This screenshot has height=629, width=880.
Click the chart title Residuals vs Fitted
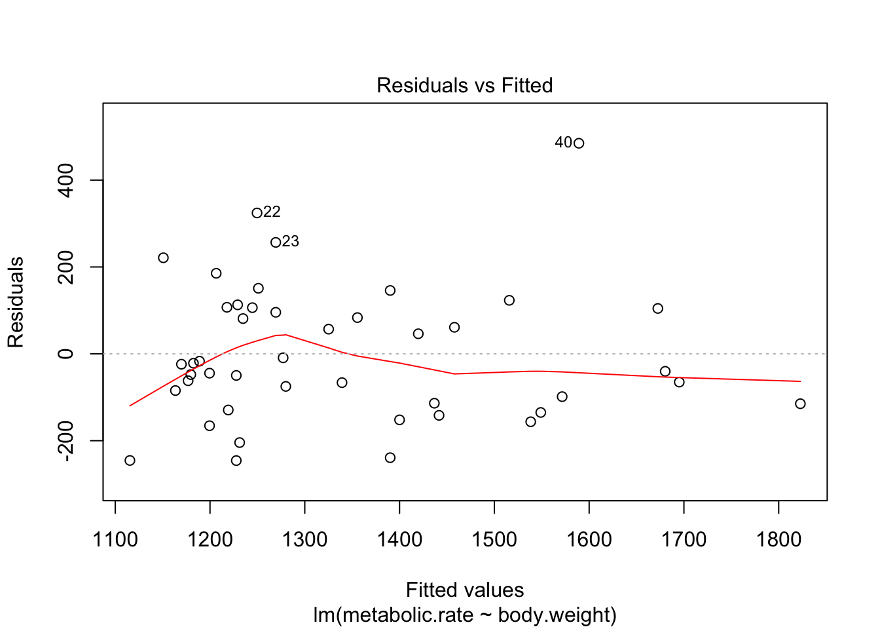(464, 85)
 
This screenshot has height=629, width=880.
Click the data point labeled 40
(578, 143)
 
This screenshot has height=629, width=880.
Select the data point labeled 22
(257, 213)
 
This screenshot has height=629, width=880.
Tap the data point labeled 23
(276, 242)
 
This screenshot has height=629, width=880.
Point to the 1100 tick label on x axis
(115, 540)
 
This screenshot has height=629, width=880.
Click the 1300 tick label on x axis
(304, 540)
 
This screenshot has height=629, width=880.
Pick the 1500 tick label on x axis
(494, 540)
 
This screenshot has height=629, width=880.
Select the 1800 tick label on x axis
(779, 540)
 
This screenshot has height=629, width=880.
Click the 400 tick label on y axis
(65, 180)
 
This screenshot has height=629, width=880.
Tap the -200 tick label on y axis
(65, 441)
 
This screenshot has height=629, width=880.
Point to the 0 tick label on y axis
(65, 354)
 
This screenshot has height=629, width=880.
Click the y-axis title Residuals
(16, 302)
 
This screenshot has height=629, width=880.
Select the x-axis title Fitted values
(465, 590)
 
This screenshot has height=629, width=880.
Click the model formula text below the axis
(465, 615)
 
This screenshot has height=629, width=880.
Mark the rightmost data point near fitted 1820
(800, 404)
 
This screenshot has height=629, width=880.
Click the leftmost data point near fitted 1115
(130, 461)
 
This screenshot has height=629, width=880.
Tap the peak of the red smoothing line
(285, 335)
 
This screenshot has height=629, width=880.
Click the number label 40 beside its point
(563, 142)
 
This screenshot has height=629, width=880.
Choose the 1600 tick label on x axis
(589, 540)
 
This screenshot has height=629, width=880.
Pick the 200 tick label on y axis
(65, 267)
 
